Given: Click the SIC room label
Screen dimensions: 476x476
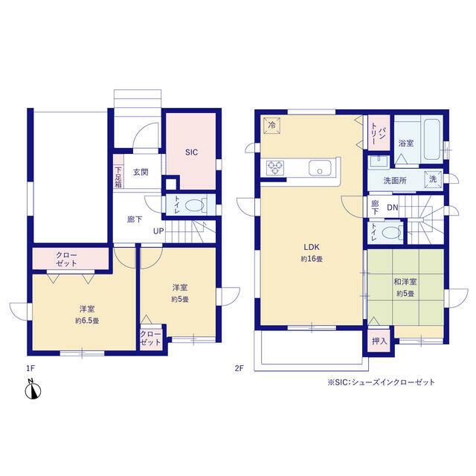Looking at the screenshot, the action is pyautogui.click(x=191, y=152).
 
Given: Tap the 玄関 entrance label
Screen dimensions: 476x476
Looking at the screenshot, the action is pyautogui.click(x=141, y=172).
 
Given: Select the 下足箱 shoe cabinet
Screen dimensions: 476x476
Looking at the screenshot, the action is pyautogui.click(x=118, y=172).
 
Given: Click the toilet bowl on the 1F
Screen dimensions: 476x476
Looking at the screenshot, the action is pyautogui.click(x=194, y=205).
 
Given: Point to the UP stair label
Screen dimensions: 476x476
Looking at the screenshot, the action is pyautogui.click(x=158, y=231).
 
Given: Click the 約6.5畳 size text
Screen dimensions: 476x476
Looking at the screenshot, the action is pyautogui.click(x=87, y=321).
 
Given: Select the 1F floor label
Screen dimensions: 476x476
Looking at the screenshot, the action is pyautogui.click(x=30, y=368).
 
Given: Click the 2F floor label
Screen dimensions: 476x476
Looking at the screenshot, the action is pyautogui.click(x=239, y=368).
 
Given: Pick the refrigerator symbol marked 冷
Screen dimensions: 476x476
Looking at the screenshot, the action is pyautogui.click(x=271, y=125).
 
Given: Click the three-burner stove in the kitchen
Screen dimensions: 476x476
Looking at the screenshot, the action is pyautogui.click(x=275, y=168).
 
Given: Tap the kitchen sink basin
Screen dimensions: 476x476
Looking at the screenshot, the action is pyautogui.click(x=320, y=168).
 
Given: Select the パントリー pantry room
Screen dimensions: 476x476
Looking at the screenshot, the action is pyautogui.click(x=379, y=132).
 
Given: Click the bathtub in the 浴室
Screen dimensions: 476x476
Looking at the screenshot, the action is pyautogui.click(x=432, y=139).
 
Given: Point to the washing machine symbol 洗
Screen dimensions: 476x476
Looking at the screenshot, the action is pyautogui.click(x=433, y=179).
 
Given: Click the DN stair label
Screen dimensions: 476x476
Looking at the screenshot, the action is pyautogui.click(x=393, y=208).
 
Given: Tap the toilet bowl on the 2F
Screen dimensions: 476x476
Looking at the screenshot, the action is pyautogui.click(x=391, y=233).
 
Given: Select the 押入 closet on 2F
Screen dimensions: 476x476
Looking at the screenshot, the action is pyautogui.click(x=379, y=341).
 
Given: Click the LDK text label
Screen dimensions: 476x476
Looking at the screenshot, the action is pyautogui.click(x=312, y=247).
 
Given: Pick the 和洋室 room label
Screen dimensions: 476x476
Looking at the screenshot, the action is pyautogui.click(x=405, y=282).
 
